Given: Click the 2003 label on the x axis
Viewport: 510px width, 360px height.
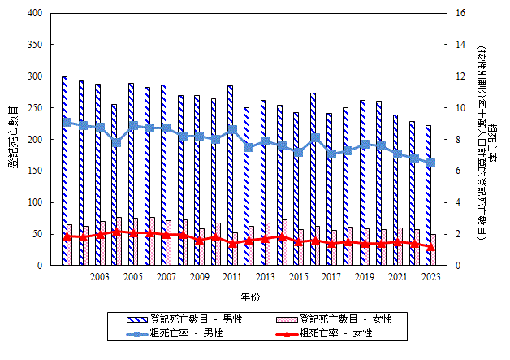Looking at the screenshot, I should tap(100, 278).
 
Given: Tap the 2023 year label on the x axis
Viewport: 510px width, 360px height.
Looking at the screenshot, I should tap(430, 278).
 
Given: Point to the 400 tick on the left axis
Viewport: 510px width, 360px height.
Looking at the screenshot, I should tap(37, 14).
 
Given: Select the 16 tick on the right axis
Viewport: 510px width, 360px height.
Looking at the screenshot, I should tap(460, 14).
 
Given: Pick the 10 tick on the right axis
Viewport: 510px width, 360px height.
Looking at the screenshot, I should tap(460, 108).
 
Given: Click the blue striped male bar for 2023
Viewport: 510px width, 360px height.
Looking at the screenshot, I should tap(428, 195).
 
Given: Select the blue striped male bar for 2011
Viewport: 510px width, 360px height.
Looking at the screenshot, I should tap(230, 175).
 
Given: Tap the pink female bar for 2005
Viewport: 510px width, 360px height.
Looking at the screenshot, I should tap(136, 241).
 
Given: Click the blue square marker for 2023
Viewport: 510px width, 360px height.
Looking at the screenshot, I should tap(431, 163).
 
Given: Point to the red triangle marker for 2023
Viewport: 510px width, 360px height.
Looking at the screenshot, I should tap(431, 247).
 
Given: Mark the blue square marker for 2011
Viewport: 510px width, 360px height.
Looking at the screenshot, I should tap(232, 129).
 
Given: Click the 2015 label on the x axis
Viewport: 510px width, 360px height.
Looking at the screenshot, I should tap(298, 278).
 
